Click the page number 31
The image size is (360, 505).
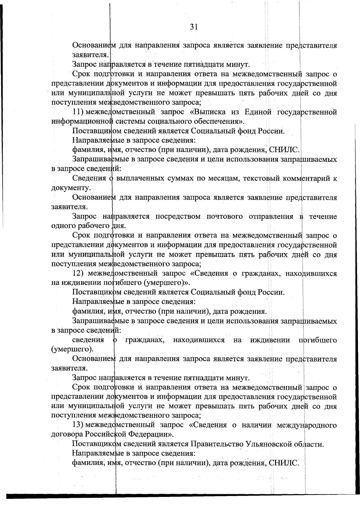[194, 27]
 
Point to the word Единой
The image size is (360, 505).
[258, 112]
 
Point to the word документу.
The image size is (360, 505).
[71, 188]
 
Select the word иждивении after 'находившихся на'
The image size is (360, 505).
[270, 340]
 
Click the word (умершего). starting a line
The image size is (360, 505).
[72, 349]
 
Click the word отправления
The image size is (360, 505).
[271, 216]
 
